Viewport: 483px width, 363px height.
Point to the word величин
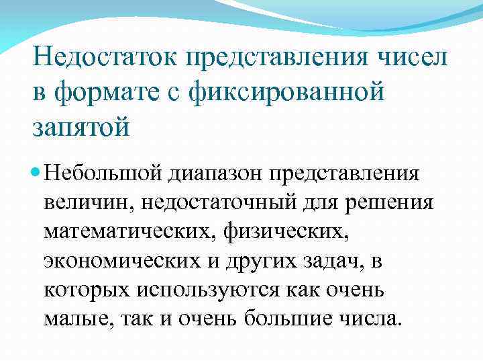(x=83, y=202)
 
